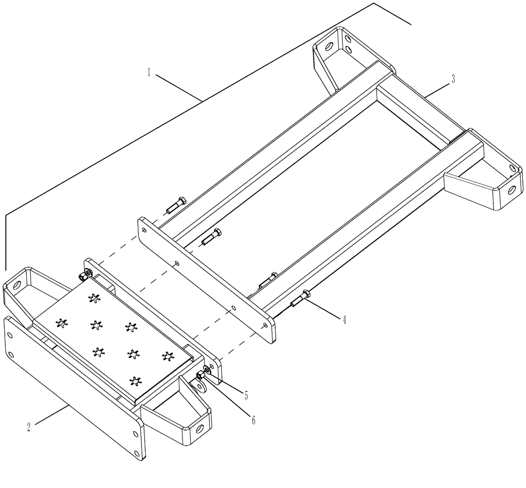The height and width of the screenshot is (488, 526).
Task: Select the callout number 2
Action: (x=29, y=426)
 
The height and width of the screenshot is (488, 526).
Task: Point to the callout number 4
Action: (x=344, y=319)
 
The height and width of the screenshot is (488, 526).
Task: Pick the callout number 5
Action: (x=246, y=394)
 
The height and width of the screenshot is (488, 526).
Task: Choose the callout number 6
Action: (x=253, y=420)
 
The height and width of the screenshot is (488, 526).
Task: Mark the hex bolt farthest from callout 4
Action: (x=175, y=206)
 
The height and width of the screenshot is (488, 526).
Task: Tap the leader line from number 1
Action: (x=179, y=87)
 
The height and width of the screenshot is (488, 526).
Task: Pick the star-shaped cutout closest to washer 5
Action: (x=168, y=357)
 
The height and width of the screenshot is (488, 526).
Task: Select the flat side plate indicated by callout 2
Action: (x=74, y=389)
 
